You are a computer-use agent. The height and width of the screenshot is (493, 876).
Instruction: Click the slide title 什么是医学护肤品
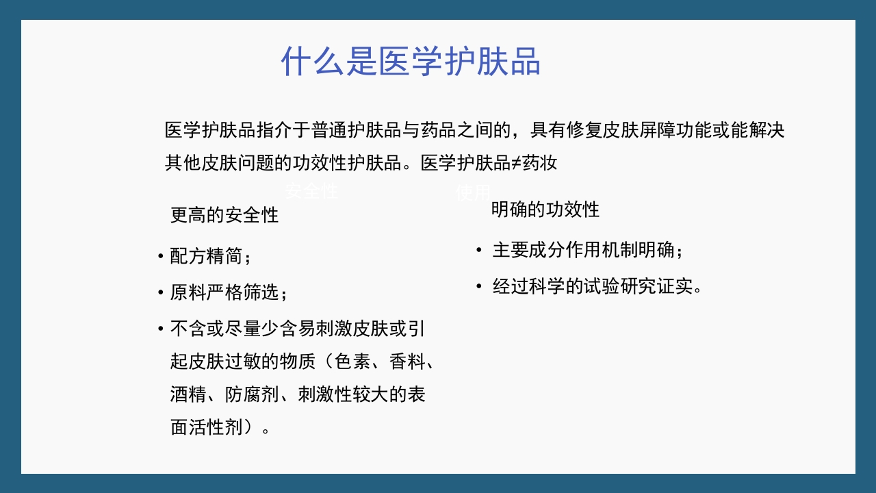pyautogui.click(x=411, y=62)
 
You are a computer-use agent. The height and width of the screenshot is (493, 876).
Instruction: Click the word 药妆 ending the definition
pyautogui.click(x=541, y=163)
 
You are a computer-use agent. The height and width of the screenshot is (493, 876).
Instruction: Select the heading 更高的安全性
pyautogui.click(x=224, y=215)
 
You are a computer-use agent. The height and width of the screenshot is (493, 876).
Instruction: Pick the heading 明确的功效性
pyautogui.click(x=545, y=210)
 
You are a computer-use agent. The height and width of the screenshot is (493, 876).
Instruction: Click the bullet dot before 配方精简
pyautogui.click(x=160, y=257)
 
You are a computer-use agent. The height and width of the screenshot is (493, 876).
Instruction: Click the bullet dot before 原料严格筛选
pyautogui.click(x=160, y=293)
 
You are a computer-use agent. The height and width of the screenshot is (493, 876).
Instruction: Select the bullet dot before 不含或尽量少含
pyautogui.click(x=160, y=329)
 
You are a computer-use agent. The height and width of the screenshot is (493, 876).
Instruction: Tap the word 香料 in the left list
pyautogui.click(x=407, y=362)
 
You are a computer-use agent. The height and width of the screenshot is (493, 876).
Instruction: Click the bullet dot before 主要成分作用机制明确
pyautogui.click(x=479, y=250)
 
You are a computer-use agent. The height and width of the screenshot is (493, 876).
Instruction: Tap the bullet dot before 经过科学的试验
pyautogui.click(x=479, y=286)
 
